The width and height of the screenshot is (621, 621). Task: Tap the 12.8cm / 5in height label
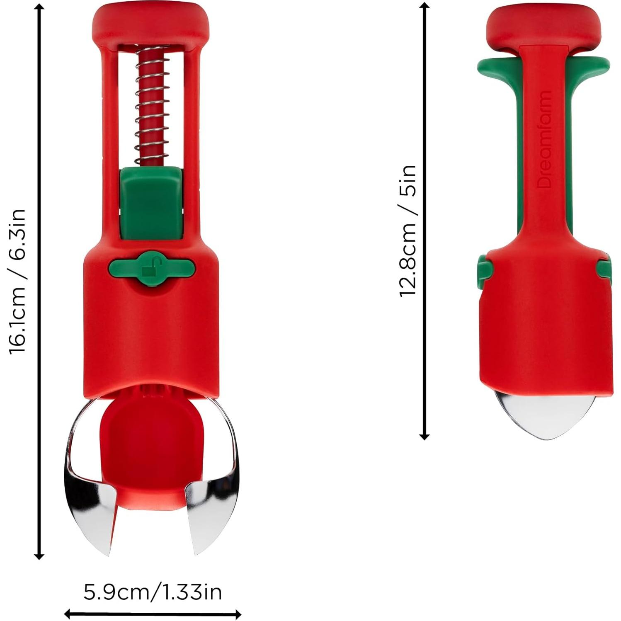click(x=407, y=230)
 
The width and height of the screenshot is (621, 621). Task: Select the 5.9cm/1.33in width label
click(x=153, y=592)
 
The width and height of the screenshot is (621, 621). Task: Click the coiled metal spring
click(x=152, y=106)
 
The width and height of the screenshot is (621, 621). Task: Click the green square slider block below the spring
click(x=151, y=203)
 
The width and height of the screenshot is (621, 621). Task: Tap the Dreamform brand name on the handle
click(x=545, y=139)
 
